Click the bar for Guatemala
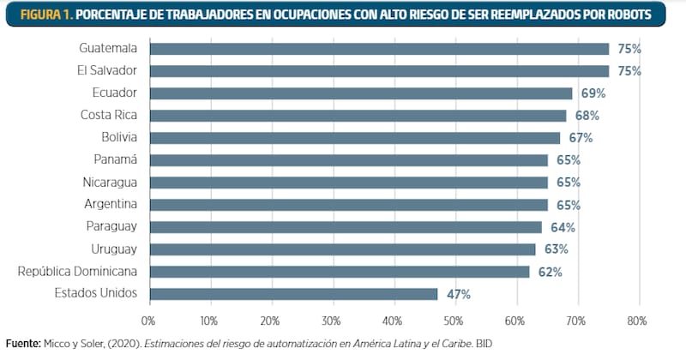click(379, 49)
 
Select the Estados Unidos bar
click(293, 294)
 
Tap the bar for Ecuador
click(361, 93)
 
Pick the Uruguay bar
click(342, 249)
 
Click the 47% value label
click(458, 294)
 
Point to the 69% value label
click(593, 93)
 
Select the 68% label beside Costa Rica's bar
click(587, 116)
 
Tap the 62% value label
click(550, 272)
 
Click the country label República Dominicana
click(78, 272)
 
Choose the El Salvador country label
click(101, 71)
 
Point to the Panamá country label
click(117, 160)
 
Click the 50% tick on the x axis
click(454, 321)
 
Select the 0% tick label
click(148, 321)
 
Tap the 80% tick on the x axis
click(636, 321)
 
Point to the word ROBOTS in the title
click(642, 15)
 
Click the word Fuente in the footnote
click(21, 344)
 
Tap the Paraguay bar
click(346, 227)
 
